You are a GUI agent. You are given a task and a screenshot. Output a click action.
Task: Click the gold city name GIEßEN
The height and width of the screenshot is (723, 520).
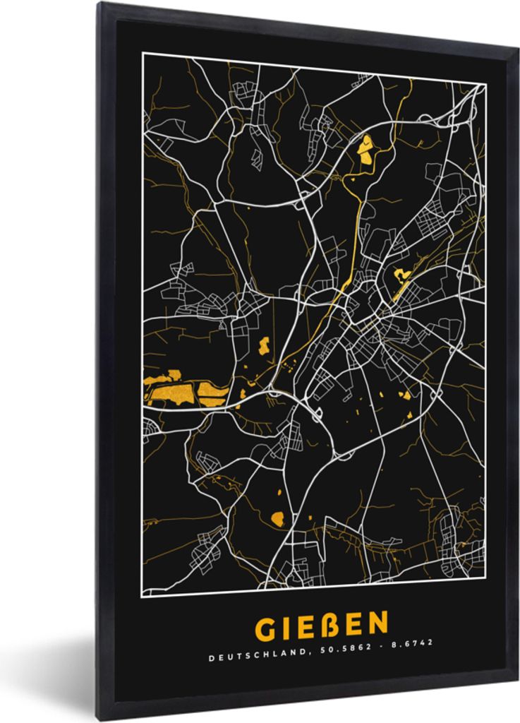320,626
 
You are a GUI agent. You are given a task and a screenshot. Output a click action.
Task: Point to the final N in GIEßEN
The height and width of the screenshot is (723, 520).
378,624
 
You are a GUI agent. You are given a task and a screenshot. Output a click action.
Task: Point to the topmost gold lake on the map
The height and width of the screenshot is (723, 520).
365,148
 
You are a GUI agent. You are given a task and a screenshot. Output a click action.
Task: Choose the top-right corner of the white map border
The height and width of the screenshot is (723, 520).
486,84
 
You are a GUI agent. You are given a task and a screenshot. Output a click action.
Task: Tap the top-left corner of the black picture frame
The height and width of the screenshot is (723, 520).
99,3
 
